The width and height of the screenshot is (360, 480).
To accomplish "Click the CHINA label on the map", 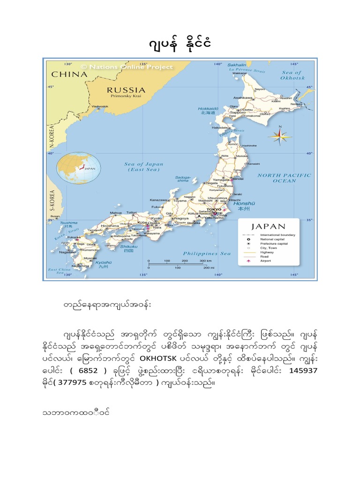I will pos(69,74).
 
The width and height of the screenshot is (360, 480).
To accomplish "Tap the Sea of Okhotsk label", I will pos(291,75).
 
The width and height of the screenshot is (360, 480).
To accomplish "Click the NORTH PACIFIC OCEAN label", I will pos(284,178).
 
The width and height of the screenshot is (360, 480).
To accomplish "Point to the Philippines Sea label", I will pos(207,254).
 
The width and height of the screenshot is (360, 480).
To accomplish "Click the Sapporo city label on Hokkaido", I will pos(238,112).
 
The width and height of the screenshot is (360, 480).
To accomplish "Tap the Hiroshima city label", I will pos(110,225).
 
